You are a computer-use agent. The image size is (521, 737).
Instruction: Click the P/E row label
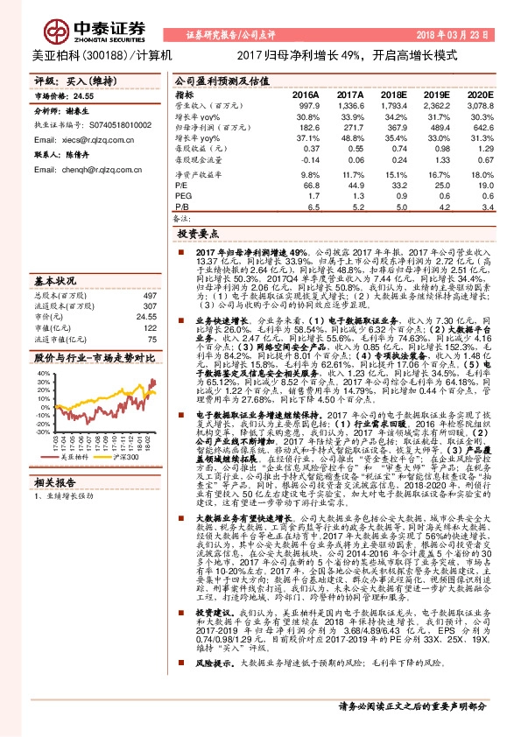tap(182, 186)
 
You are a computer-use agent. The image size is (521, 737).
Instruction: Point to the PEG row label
tap(184, 197)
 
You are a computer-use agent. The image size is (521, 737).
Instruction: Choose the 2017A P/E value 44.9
tap(355, 186)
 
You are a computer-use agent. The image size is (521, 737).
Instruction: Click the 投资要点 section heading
tap(197, 235)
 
